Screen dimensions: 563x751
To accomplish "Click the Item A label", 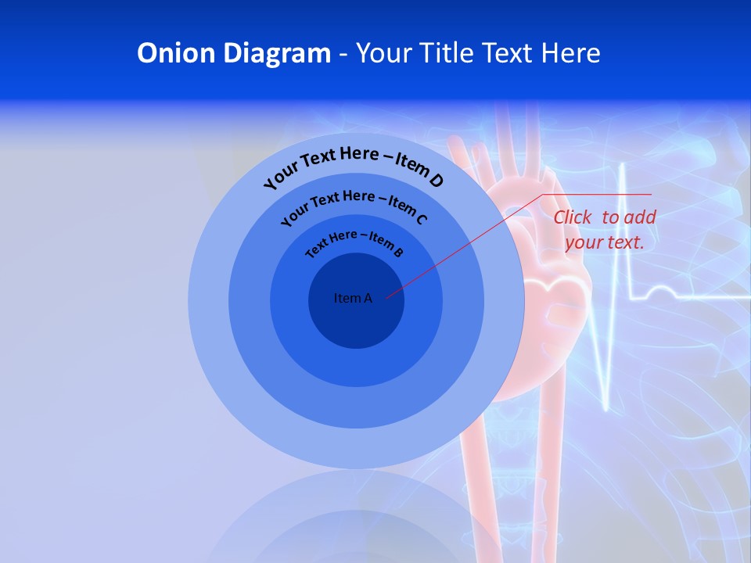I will [353, 298].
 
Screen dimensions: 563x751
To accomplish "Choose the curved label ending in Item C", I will [354, 205].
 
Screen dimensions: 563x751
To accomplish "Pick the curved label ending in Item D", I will [354, 166].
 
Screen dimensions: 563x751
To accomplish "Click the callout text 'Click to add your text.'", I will [605, 230].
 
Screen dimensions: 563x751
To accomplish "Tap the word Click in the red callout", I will [572, 217].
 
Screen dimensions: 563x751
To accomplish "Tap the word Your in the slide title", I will [387, 53].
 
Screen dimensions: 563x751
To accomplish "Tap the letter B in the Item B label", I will [398, 252].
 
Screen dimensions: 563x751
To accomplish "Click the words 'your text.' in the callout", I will [605, 242].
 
